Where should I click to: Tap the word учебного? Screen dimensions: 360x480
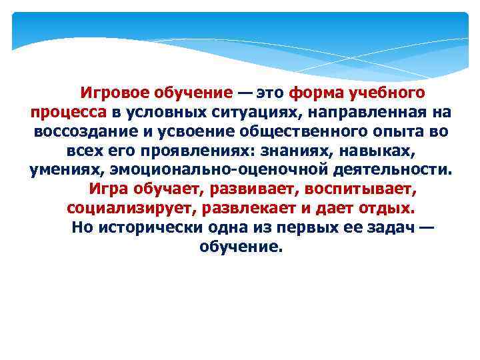391,91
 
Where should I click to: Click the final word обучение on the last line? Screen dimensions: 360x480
240,247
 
